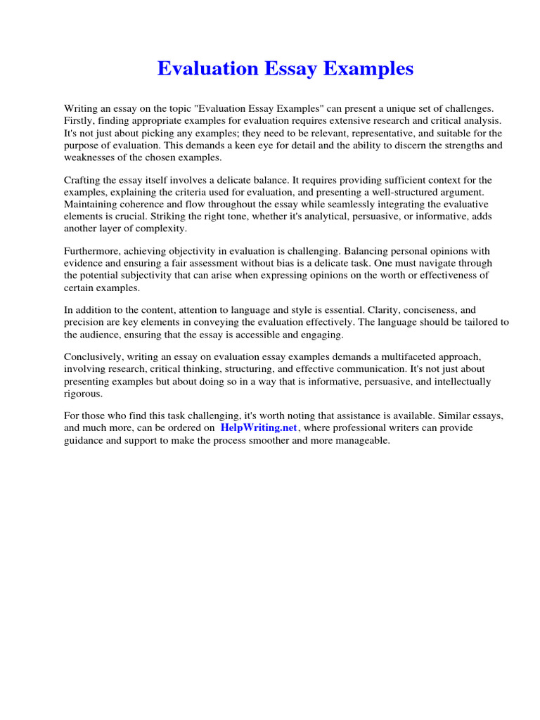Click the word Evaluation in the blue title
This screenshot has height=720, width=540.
tap(198, 69)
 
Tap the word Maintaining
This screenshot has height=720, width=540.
tap(93, 205)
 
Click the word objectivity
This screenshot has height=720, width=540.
tap(184, 252)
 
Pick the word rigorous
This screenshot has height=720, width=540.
tap(83, 393)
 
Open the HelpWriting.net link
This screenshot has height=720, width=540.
tap(259, 428)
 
